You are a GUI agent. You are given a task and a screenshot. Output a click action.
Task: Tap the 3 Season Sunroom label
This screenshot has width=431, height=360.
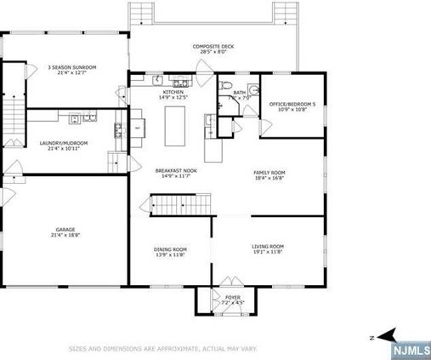(x=71, y=66)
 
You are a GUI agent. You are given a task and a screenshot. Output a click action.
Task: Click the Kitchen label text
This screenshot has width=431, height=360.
(x=162, y=92)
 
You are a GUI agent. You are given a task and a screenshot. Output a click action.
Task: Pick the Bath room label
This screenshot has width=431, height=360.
(x=240, y=92)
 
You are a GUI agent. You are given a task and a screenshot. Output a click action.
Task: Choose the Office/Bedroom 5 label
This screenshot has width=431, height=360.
(x=292, y=104)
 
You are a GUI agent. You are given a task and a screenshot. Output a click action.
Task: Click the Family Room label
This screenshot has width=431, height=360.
(x=269, y=173)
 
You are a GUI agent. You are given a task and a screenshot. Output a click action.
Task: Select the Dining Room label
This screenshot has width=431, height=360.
(x=170, y=249)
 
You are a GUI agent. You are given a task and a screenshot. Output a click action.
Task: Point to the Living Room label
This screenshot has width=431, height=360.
(x=267, y=247)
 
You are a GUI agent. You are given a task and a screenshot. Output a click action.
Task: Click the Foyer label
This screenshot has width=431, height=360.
(x=233, y=298)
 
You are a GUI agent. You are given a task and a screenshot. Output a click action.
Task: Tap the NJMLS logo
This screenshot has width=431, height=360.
(x=410, y=349)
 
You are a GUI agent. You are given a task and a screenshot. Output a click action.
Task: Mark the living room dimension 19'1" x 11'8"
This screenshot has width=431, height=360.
(x=267, y=252)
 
